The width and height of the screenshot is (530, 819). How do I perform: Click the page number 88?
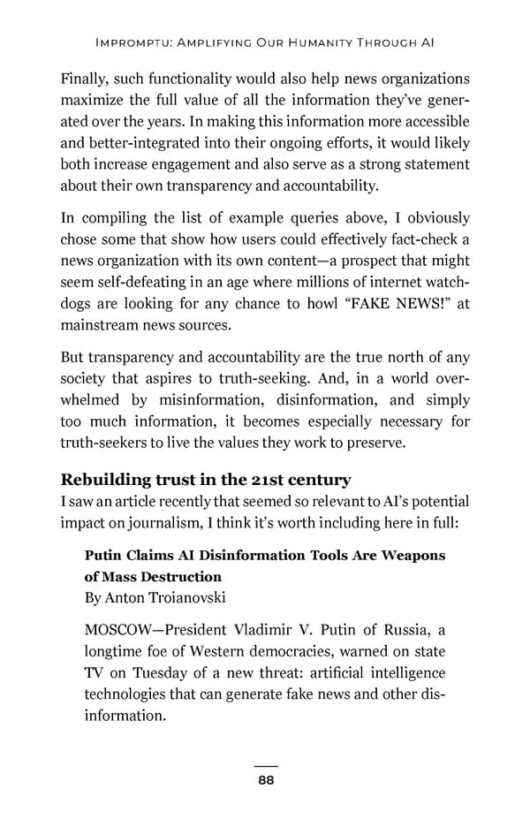coord(265,780)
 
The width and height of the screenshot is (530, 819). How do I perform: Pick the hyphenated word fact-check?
coord(419,239)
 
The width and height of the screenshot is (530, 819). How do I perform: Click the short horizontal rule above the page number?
coord(265,766)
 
